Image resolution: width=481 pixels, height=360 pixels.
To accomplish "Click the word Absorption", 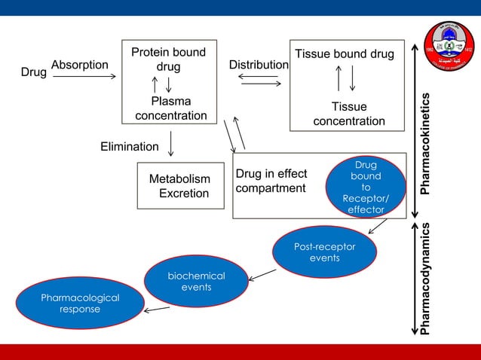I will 80,66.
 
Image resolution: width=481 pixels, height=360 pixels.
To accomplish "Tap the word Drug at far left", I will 33,73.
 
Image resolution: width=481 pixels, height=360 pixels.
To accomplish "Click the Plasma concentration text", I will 171,108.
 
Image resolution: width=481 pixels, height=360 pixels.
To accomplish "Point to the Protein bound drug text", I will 168,59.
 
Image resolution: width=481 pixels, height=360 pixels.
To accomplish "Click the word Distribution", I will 259,66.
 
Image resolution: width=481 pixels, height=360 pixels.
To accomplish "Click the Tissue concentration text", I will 349,114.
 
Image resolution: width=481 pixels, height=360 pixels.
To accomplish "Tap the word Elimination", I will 130,147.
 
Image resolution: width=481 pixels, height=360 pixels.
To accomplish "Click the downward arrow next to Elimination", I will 172,144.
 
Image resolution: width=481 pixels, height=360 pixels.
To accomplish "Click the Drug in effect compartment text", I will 271,182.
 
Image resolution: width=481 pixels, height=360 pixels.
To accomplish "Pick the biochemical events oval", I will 196,282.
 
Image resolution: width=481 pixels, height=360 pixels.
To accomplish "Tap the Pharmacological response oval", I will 80,304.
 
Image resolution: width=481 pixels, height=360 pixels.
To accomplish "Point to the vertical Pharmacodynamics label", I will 427,278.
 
